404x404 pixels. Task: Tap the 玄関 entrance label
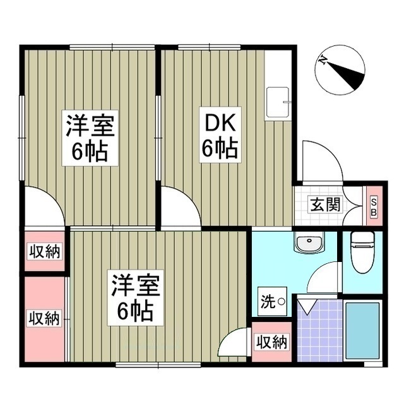click(325, 204)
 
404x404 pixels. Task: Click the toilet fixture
click(362, 251)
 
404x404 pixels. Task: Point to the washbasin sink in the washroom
click(309, 243)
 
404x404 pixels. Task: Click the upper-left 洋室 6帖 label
click(88, 137)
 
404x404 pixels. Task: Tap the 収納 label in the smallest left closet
click(45, 251)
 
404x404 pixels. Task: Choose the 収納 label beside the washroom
click(271, 342)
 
